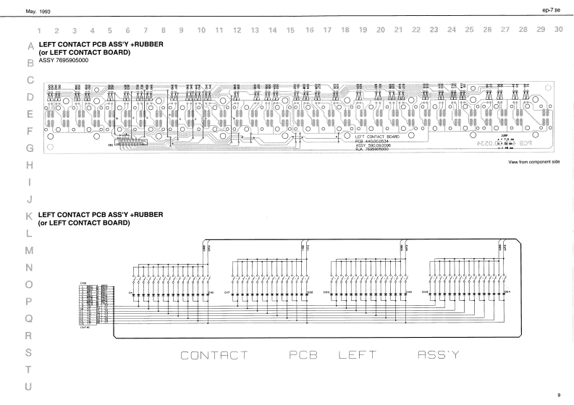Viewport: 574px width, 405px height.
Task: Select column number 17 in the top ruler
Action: (x=327, y=30)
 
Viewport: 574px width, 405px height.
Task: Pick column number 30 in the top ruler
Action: (x=557, y=30)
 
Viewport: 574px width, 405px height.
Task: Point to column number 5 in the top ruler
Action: (x=109, y=30)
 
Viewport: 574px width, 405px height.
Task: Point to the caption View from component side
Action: (x=534, y=163)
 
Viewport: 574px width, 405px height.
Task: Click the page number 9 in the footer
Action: (x=558, y=395)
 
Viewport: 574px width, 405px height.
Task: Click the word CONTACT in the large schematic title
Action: (x=214, y=356)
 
